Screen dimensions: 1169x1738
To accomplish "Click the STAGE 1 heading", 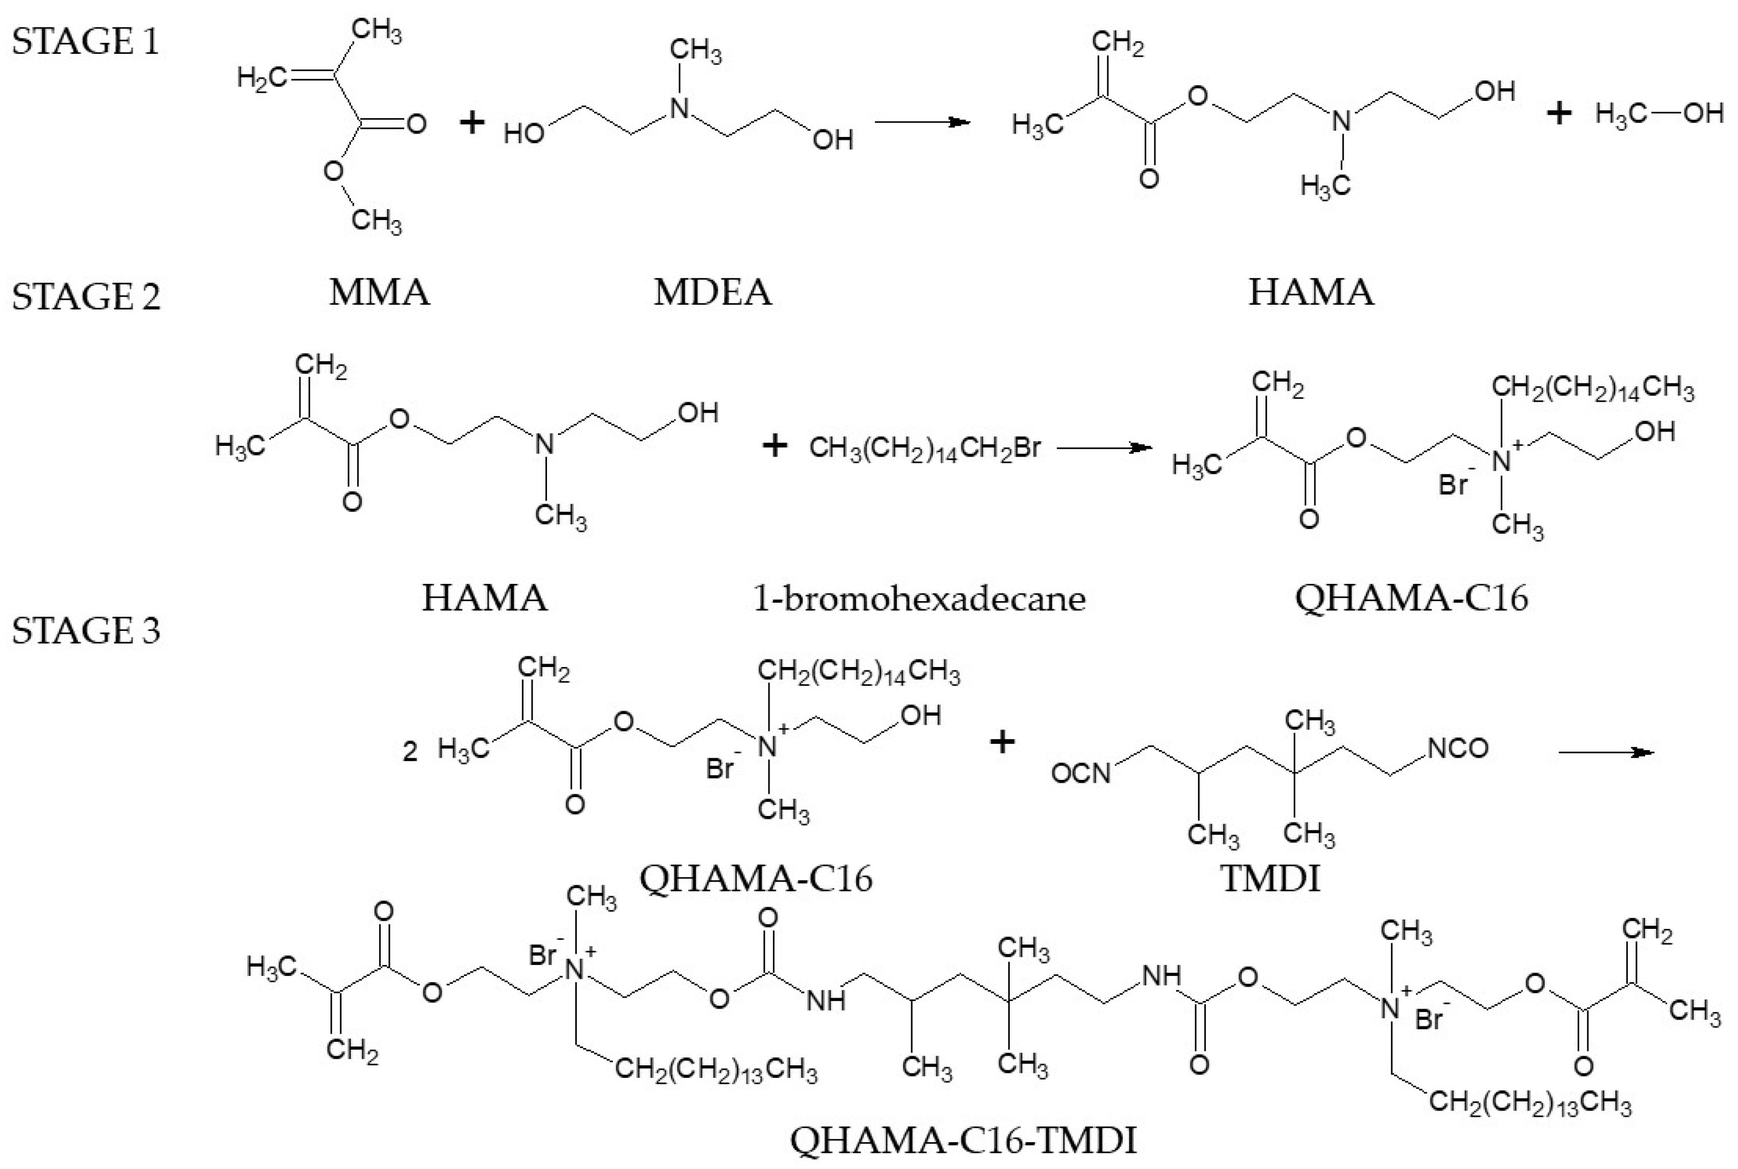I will click(x=86, y=41).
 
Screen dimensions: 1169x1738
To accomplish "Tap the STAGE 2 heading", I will click(x=86, y=297).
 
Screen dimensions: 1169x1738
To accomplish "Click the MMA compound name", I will click(x=380, y=292).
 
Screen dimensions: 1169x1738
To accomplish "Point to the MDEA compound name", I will click(x=712, y=292).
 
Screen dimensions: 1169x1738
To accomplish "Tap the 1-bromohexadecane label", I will click(x=919, y=598).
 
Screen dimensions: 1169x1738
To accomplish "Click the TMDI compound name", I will click(x=1270, y=878).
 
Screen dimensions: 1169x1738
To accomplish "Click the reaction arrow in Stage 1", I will click(x=922, y=121).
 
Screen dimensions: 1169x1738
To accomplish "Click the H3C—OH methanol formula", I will click(x=1659, y=114).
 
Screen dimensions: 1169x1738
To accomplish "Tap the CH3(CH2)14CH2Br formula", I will click(x=925, y=449).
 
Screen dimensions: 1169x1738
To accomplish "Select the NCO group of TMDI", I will click(x=1458, y=748).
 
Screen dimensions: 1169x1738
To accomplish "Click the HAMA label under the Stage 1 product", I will click(x=1311, y=292).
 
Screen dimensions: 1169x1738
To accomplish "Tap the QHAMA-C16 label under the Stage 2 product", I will click(x=1411, y=598).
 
